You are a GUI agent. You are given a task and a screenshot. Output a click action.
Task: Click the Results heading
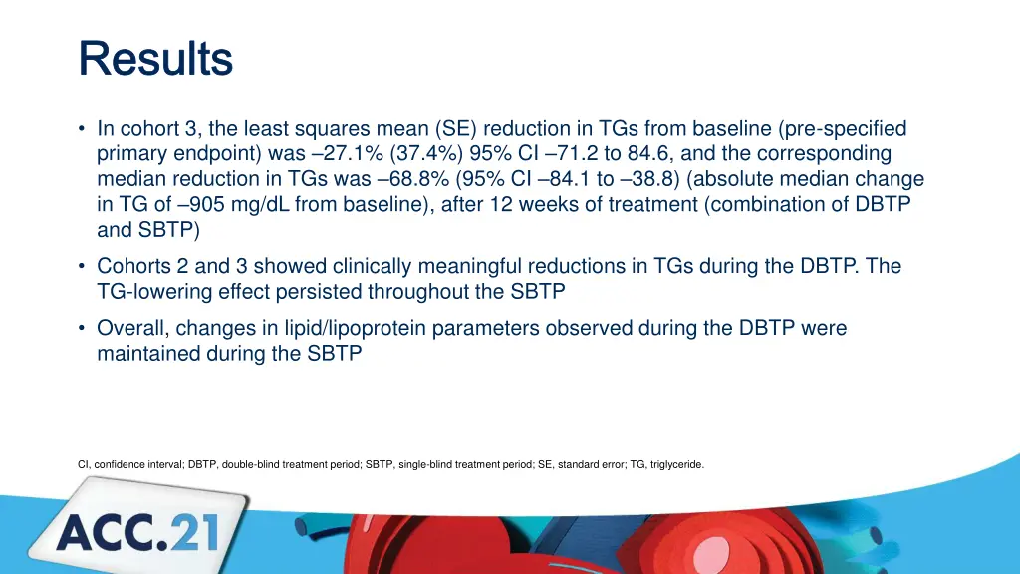tap(155, 59)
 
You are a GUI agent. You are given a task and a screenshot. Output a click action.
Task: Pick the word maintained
tap(149, 354)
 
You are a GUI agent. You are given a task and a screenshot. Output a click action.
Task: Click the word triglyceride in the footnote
tap(676, 464)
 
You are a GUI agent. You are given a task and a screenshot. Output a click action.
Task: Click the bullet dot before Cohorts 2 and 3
tap(82, 266)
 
